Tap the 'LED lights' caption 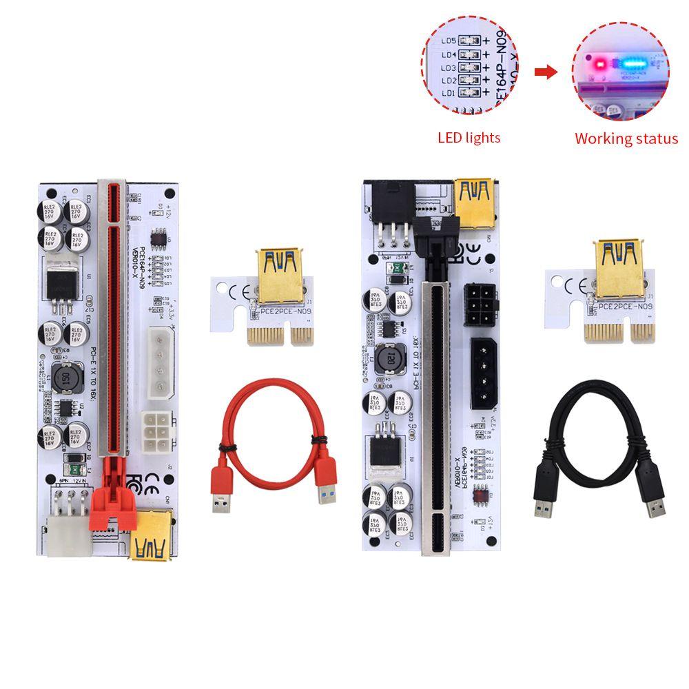click(469, 138)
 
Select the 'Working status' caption click(626, 138)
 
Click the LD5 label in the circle click(448, 41)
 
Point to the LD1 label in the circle click(449, 93)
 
